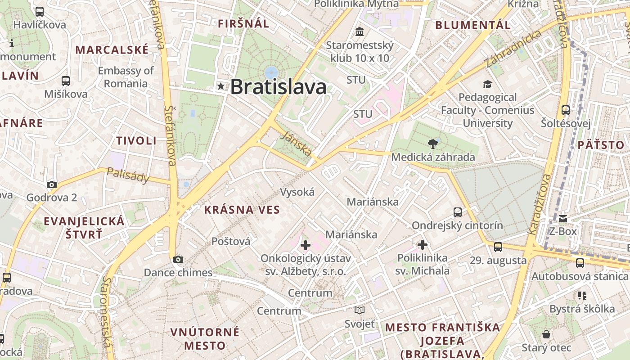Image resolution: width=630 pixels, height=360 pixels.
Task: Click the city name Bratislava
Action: click(x=278, y=87)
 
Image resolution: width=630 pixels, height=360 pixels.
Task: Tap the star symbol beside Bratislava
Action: click(x=220, y=86)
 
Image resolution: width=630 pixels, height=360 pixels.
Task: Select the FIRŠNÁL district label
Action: click(x=243, y=24)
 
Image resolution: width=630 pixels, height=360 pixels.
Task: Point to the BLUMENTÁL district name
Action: click(x=473, y=25)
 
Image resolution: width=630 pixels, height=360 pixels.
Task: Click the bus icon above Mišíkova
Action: click(x=66, y=81)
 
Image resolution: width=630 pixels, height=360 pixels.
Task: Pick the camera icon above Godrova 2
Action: click(x=52, y=184)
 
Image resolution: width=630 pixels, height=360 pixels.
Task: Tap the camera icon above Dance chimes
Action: click(x=178, y=259)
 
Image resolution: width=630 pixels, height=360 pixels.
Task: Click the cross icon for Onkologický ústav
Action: click(x=306, y=245)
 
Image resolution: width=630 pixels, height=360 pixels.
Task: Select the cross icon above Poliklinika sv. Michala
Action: click(x=423, y=245)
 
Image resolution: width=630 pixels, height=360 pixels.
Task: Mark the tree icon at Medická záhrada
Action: click(x=433, y=144)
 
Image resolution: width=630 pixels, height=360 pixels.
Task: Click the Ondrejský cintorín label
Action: click(x=457, y=225)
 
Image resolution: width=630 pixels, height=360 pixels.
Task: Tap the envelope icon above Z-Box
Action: click(x=563, y=219)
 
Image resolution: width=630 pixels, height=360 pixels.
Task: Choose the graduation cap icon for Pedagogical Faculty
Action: click(x=487, y=84)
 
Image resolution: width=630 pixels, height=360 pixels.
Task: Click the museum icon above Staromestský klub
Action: click(x=360, y=32)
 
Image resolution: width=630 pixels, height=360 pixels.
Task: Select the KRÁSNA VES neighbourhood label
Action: click(x=242, y=210)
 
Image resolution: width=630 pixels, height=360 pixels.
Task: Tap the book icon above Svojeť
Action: click(x=359, y=310)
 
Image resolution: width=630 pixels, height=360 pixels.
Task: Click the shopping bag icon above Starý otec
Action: click(x=546, y=334)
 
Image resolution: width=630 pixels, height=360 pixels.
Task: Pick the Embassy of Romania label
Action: click(x=126, y=77)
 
